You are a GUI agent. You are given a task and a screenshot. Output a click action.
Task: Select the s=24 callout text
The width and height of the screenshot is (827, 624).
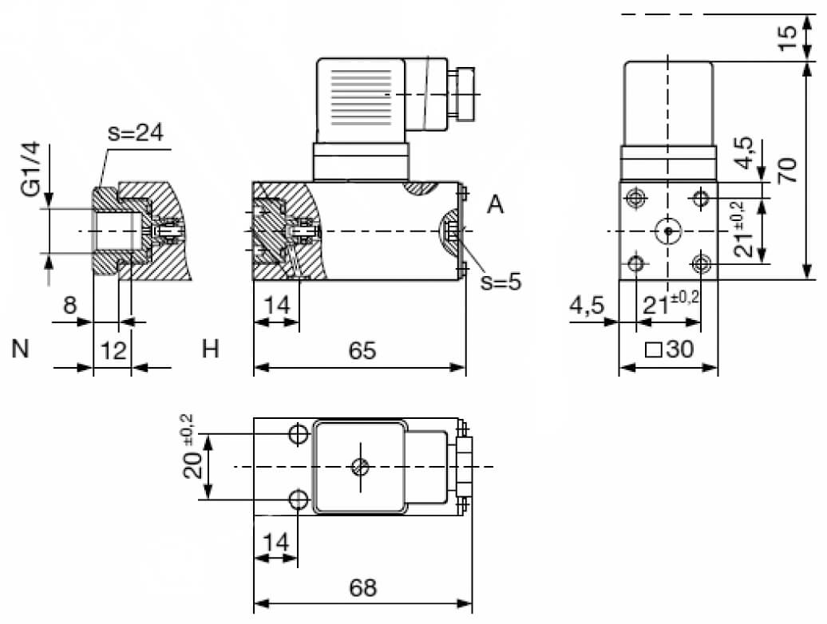point(135,133)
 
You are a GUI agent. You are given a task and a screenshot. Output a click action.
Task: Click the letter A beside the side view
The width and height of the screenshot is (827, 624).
point(496,205)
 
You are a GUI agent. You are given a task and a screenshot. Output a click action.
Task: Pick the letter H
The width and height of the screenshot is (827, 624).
point(211,349)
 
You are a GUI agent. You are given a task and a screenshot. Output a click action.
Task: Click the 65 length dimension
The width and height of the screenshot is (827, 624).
point(362,351)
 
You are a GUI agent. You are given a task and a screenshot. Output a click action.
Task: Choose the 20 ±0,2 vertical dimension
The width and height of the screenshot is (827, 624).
point(192,457)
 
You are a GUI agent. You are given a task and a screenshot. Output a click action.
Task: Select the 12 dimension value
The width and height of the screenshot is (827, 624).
point(114,350)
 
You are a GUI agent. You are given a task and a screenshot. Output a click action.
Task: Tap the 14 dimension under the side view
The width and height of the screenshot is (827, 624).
point(276,304)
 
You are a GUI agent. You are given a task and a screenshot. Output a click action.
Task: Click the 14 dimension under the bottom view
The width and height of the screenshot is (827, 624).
point(275,543)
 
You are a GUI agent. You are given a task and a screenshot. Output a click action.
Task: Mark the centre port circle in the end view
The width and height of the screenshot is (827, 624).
point(667,231)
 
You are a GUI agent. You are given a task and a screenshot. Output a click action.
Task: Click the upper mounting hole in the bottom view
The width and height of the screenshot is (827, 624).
point(299,434)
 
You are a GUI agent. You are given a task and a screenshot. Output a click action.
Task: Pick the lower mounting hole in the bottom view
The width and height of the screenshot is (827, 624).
point(299,500)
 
